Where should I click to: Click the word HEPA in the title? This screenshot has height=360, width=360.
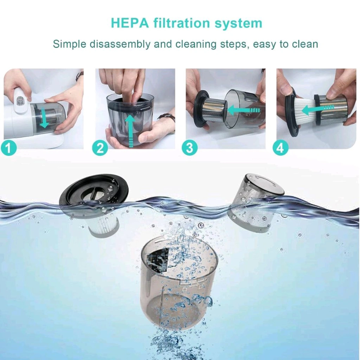[x=130, y=23]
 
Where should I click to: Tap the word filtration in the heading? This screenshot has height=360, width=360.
[x=180, y=23]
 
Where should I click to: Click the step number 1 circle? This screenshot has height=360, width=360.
[x=9, y=148]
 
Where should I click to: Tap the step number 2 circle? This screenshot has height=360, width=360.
[x=100, y=148]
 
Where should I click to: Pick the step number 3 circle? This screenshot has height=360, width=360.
[x=190, y=148]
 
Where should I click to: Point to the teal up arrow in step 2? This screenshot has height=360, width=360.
[x=130, y=130]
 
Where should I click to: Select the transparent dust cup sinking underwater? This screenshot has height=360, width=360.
[x=180, y=285]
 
